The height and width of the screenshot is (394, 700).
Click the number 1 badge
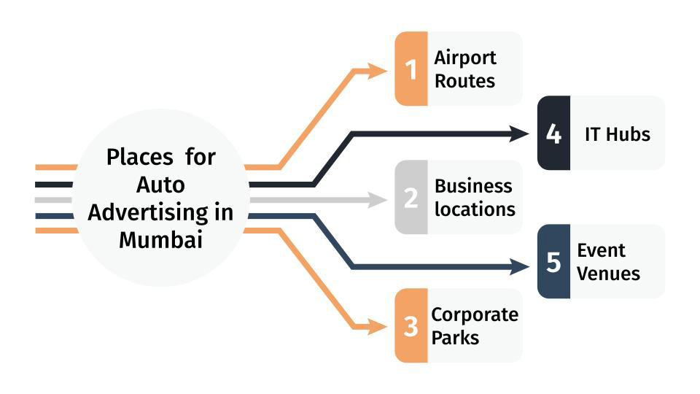pos(411,69)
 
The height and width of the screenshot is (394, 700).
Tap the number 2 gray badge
pos(411,198)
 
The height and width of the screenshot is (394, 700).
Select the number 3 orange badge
pos(411,326)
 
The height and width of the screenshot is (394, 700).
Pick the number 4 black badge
pos(553,134)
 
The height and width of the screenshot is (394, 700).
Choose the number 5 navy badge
pos(553,262)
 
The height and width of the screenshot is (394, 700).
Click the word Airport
pos(465,58)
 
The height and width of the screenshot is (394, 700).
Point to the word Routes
pos(464,80)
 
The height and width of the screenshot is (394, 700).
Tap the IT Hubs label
pos(617,134)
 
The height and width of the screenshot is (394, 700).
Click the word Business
pos(473,186)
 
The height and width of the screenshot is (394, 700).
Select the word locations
pos(475,209)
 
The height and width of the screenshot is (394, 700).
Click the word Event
pos(601,250)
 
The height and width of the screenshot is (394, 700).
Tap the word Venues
pos(608,274)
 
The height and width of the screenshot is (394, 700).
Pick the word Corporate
pos(475,314)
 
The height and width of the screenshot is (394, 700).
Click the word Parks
pos(455,338)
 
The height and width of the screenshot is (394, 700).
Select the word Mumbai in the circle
pos(160,240)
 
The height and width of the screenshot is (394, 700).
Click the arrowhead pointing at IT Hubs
pos(520,134)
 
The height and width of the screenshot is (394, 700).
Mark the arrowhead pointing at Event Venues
pos(520,267)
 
